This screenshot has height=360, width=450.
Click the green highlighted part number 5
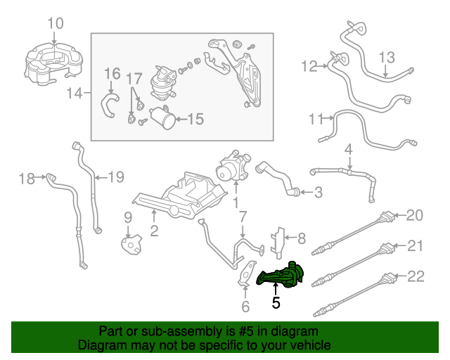[280, 276]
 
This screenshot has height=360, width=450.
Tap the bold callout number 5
[276, 302]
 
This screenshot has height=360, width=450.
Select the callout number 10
[55, 23]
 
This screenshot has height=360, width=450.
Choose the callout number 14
[75, 94]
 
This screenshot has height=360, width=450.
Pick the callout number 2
[154, 231]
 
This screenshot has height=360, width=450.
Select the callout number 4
[348, 150]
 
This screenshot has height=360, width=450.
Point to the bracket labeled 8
[278, 243]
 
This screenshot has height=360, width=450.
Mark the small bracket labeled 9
[131, 245]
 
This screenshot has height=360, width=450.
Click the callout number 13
[387, 58]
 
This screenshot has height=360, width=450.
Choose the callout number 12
[309, 66]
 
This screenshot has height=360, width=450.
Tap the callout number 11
[316, 119]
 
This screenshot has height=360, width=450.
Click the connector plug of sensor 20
[386, 217]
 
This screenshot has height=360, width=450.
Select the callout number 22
[416, 276]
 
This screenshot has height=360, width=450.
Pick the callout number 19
[116, 177]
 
